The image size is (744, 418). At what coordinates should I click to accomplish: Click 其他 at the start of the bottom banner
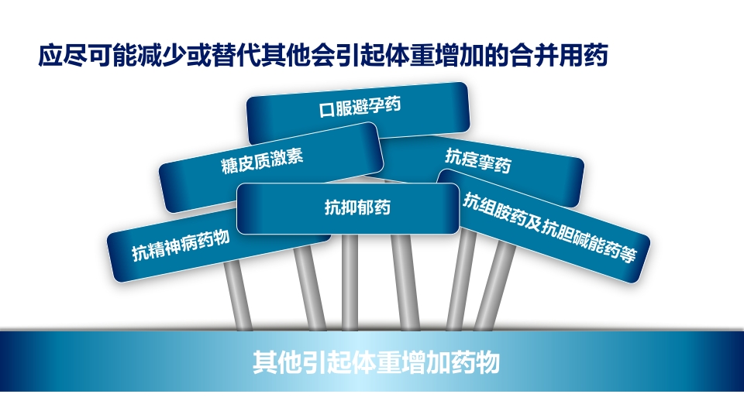point(269,362)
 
